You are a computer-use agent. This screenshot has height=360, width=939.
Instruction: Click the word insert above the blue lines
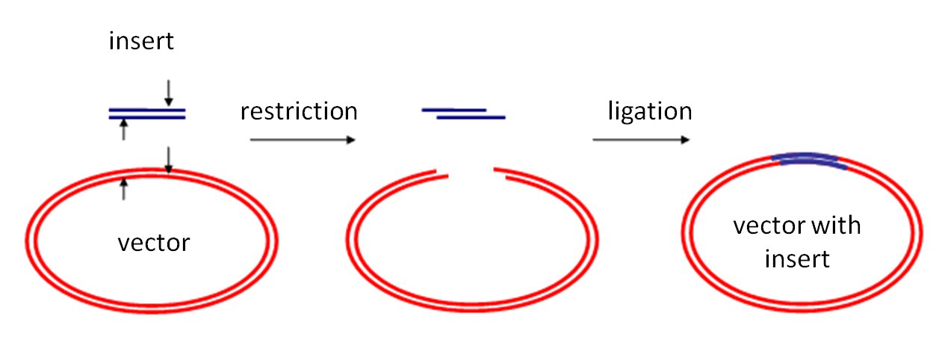pos(141,41)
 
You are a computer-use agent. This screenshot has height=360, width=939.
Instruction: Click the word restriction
pos(299,111)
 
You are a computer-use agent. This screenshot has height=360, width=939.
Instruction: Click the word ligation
pos(648,111)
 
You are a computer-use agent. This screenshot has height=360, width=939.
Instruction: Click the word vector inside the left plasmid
pos(154,243)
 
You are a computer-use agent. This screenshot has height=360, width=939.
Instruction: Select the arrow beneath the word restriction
pos(302,140)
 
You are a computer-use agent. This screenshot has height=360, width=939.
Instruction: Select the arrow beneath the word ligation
pos(641,140)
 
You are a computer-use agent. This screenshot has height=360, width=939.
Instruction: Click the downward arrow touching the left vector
pos(169,159)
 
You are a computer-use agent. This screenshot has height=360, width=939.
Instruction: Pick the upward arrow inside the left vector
pos(124,189)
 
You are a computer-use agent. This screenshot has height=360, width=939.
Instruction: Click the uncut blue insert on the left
pos(146,114)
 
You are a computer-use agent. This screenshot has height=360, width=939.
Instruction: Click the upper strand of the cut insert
pos(454,110)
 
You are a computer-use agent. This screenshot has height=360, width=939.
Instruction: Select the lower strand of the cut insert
pos(471,117)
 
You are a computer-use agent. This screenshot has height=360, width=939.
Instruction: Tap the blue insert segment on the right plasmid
pos(809,159)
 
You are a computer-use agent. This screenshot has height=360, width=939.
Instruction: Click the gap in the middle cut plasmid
pos(470,175)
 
